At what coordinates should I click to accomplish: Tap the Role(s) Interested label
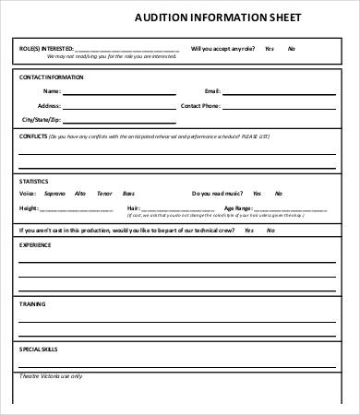(x=47, y=48)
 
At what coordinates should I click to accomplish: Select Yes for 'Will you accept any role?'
(x=270, y=48)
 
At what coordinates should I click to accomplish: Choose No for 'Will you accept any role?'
(x=292, y=48)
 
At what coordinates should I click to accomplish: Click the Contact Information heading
(x=52, y=77)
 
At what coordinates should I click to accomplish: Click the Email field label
(x=213, y=91)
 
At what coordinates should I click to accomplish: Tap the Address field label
(x=49, y=106)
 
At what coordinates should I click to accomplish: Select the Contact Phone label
(x=200, y=106)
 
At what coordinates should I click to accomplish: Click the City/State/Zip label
(x=41, y=121)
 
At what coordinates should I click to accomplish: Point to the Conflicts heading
(x=35, y=136)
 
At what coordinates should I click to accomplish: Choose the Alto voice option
(x=80, y=194)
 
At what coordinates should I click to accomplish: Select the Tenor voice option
(x=103, y=194)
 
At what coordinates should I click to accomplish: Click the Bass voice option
(x=128, y=194)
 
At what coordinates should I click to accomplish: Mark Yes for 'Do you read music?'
(x=256, y=194)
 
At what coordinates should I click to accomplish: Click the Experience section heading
(x=36, y=245)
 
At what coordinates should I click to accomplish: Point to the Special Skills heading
(x=39, y=349)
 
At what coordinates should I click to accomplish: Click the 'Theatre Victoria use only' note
(x=51, y=376)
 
